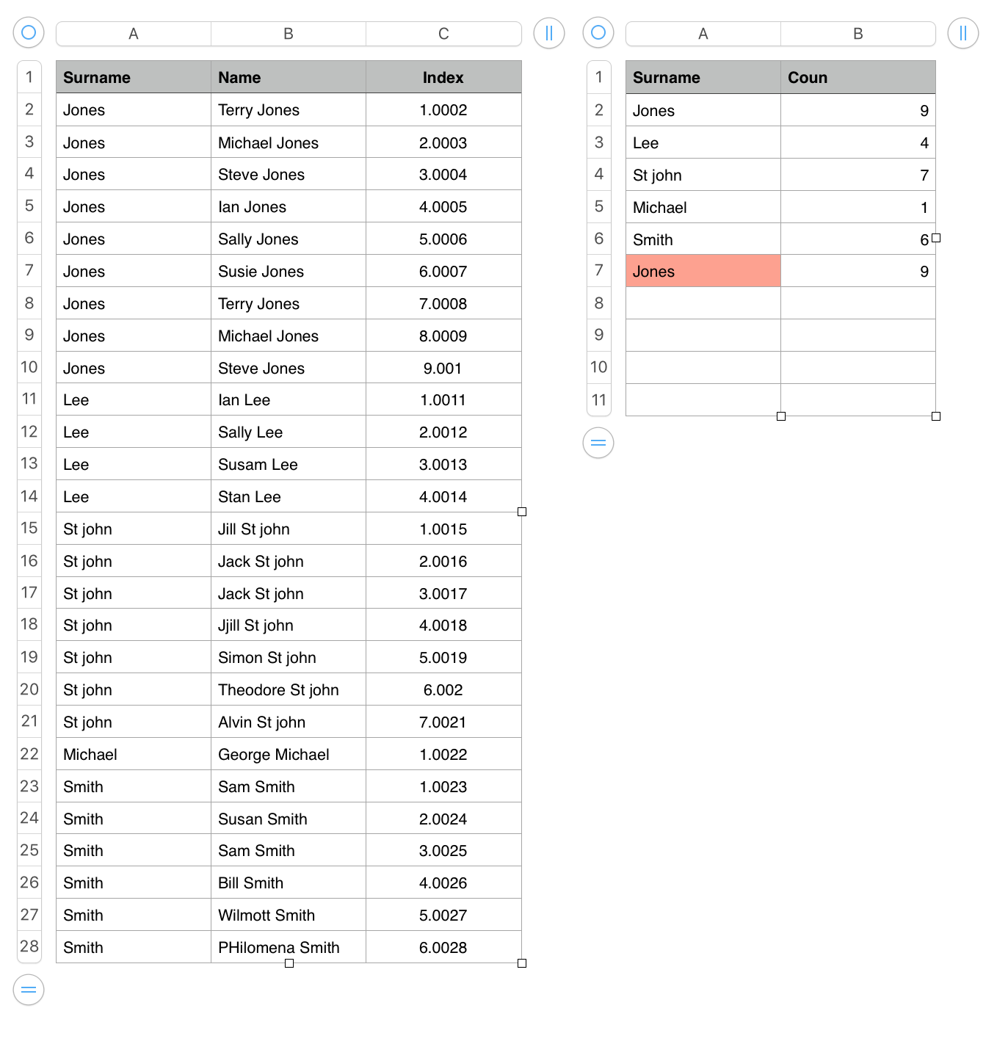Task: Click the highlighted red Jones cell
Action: coord(703,272)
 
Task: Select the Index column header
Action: coord(443,78)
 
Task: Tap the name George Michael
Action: coord(273,755)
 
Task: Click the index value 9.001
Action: coord(443,369)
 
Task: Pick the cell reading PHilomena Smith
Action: coord(278,948)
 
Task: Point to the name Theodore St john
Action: coord(278,690)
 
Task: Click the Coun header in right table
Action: coord(808,78)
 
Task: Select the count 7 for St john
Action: coord(924,175)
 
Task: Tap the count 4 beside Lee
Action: coord(924,143)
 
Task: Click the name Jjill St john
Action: coord(255,626)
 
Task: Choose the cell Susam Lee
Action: coord(258,465)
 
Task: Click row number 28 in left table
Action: coord(29,947)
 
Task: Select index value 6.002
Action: coord(443,690)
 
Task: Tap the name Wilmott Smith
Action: coord(266,916)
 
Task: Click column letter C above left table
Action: coord(443,34)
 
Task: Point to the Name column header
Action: coord(239,78)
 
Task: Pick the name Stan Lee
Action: coord(249,497)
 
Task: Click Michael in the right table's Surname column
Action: coord(659,208)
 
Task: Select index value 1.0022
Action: coord(443,755)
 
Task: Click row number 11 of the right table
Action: coord(599,400)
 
